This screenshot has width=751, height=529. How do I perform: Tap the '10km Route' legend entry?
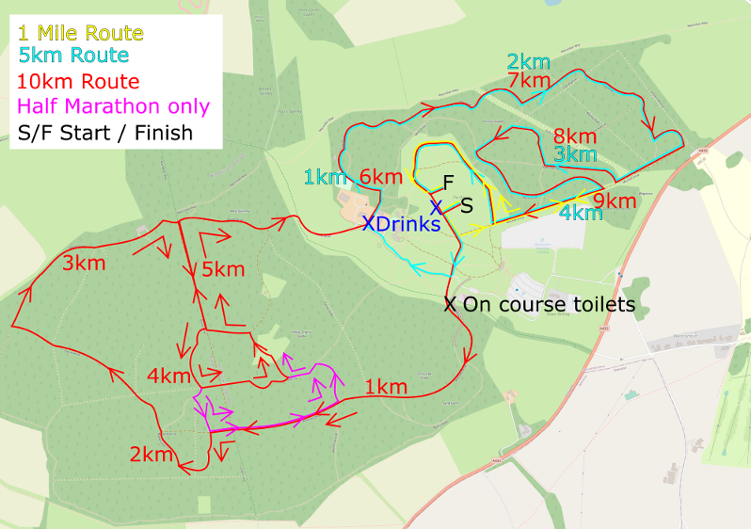[x=78, y=82]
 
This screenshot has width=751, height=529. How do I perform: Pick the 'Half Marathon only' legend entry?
[x=114, y=106]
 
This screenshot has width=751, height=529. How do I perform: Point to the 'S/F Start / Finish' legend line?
[x=104, y=132]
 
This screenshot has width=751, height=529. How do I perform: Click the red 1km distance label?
[x=385, y=387]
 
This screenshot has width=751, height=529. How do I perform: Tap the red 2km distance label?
[x=152, y=455]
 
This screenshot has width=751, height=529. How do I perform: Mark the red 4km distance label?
[x=169, y=376]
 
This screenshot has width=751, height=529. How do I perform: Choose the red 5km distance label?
[x=223, y=270]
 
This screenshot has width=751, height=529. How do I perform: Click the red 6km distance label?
[x=381, y=177]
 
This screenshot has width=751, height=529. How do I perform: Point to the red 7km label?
[x=528, y=82]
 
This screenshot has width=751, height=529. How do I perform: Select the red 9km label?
[x=615, y=200]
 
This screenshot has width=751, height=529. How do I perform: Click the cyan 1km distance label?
[x=325, y=177]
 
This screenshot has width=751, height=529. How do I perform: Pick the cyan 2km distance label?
[x=528, y=62]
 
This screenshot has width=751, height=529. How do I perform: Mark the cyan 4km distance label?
[x=582, y=214]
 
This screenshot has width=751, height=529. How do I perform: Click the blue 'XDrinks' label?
[x=401, y=225]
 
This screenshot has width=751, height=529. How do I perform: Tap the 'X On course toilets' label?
[x=539, y=305]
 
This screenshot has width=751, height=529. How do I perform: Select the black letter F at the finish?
[x=448, y=181]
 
